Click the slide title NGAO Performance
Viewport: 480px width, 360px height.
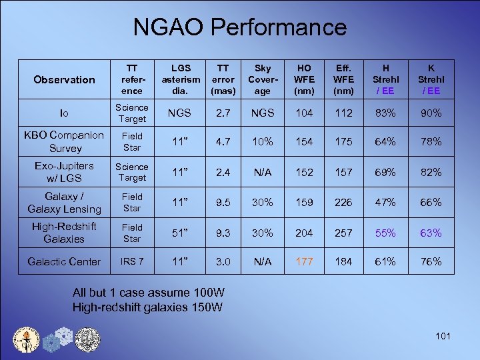click(x=239, y=27)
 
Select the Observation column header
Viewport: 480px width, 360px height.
click(x=65, y=79)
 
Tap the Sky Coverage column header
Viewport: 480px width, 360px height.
click(x=263, y=79)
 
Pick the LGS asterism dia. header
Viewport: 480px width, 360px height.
click(x=180, y=79)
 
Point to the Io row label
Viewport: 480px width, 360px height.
click(x=64, y=113)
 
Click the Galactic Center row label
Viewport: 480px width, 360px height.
click(x=64, y=261)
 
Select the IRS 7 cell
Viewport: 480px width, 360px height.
click(x=132, y=261)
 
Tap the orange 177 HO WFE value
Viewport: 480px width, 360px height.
click(x=304, y=261)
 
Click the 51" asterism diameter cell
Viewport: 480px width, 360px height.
click(x=179, y=233)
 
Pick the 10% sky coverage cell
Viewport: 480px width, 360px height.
click(x=263, y=142)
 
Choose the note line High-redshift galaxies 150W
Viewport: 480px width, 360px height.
click(x=148, y=307)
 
